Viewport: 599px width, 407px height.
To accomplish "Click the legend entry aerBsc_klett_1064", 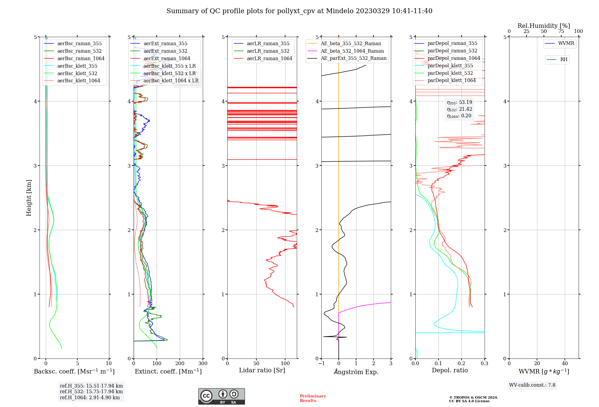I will tap(78, 81).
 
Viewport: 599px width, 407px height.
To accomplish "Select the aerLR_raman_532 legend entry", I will tap(268, 51).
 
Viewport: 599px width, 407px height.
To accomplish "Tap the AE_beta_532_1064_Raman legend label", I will tap(352, 51).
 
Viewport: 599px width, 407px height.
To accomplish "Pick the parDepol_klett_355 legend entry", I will tap(450, 66).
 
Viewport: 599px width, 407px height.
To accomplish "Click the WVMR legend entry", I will tap(566, 43).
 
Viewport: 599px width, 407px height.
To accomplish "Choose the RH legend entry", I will tap(564, 60).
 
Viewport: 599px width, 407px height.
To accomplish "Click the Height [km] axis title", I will tap(29, 198).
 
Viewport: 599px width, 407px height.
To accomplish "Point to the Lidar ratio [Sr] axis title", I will tap(262, 370).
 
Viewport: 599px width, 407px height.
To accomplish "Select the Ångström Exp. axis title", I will tap(356, 372).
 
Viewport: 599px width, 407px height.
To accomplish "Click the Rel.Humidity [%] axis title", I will tap(544, 26).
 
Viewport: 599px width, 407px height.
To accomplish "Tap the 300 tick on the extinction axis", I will tap(203, 364).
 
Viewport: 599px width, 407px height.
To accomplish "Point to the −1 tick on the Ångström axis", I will tap(321, 364).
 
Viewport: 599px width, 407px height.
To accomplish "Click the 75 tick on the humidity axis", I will tap(561, 31).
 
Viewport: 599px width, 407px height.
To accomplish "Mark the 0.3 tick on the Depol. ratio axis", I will tap(484, 364).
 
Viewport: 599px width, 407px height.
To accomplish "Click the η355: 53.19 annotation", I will tap(459, 102).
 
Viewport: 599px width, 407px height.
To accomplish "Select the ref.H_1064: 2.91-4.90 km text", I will tap(90, 398).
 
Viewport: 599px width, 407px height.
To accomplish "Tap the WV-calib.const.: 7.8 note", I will tap(532, 385).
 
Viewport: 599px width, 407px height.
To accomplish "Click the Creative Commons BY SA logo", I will tap(221, 397).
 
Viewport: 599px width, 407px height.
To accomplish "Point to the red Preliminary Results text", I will tap(313, 398).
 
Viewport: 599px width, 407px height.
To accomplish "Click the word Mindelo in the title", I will tap(340, 11).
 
